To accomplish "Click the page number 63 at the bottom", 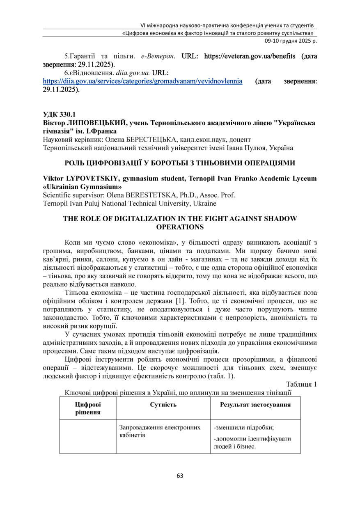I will tap(180, 476).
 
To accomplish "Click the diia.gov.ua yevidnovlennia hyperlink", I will tap(142, 81).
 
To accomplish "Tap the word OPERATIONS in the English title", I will tap(180, 226).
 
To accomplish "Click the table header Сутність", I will tap(163, 405).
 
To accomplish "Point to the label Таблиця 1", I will tap(301, 384).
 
